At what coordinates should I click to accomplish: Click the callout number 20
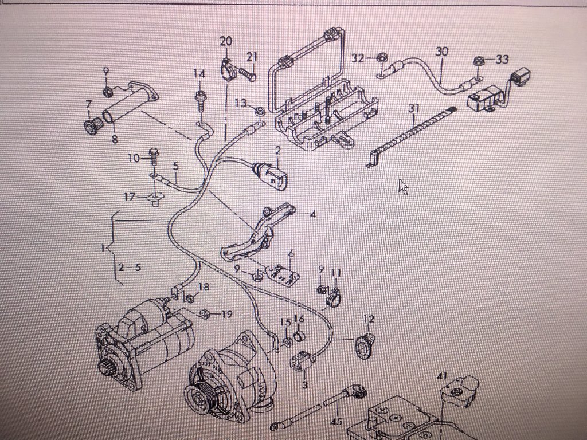(226, 41)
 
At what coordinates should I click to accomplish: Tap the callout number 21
(252, 56)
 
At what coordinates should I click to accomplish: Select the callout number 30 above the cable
(441, 51)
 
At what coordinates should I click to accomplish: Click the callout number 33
(502, 60)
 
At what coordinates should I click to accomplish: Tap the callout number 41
(442, 376)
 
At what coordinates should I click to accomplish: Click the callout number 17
(130, 197)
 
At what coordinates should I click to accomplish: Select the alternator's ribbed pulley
(200, 396)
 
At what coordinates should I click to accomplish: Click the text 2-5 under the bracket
(130, 267)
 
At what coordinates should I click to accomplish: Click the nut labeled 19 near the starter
(204, 313)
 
